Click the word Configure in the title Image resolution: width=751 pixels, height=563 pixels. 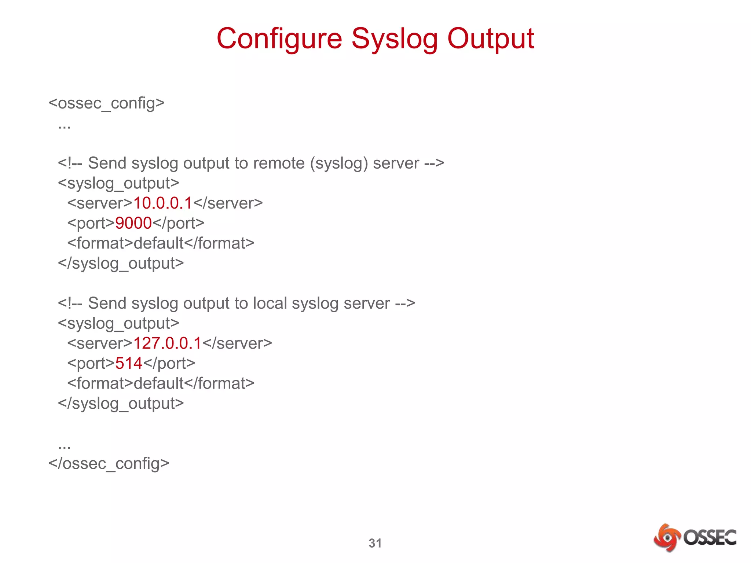(279, 39)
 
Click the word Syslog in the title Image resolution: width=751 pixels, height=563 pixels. (395, 39)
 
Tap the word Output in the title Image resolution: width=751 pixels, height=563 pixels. (491, 39)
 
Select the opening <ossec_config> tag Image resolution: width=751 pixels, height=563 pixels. (106, 103)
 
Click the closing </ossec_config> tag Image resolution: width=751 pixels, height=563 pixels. (109, 463)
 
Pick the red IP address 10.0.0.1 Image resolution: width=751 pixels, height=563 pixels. (163, 203)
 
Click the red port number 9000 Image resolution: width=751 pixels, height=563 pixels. (133, 223)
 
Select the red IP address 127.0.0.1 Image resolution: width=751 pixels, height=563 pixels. (167, 343)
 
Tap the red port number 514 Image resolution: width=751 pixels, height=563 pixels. (129, 363)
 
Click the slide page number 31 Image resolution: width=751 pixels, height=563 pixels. (375, 543)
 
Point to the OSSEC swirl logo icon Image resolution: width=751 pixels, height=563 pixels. (667, 537)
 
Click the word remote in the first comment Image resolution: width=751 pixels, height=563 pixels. (279, 163)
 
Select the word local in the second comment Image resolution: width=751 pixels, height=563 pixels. (270, 303)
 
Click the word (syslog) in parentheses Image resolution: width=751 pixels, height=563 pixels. (339, 163)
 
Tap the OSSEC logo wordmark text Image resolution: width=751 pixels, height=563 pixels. (710, 537)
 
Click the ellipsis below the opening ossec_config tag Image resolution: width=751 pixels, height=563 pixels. (64, 126)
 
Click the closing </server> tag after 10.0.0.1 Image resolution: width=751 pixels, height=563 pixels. (228, 203)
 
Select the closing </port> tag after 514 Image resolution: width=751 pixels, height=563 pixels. (169, 363)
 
